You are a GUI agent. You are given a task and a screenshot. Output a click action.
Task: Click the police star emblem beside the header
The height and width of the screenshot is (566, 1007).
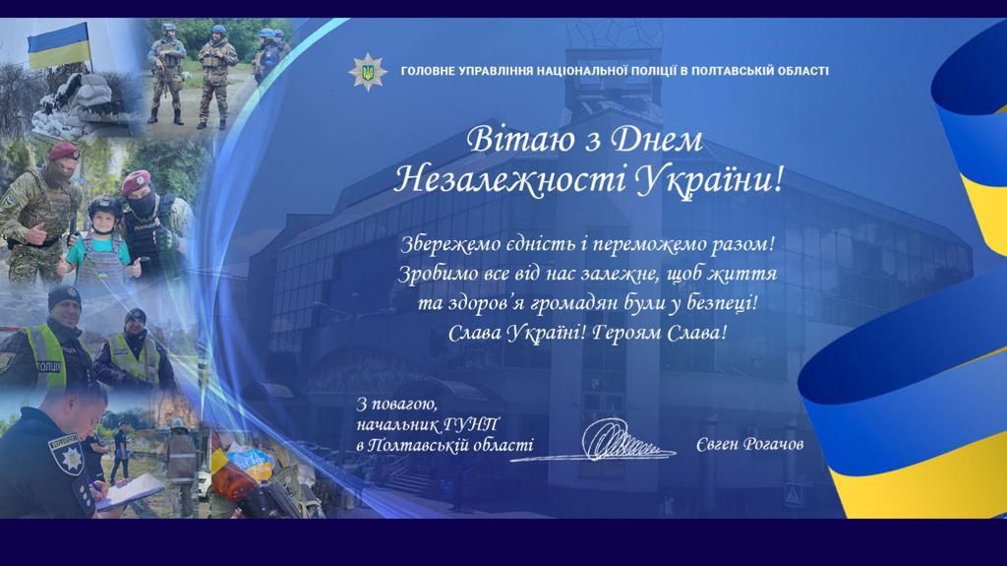click(368, 72)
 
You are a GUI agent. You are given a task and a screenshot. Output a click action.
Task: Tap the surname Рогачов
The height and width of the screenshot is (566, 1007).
click(773, 445)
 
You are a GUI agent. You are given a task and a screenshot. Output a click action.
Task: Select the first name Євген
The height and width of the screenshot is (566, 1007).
click(716, 445)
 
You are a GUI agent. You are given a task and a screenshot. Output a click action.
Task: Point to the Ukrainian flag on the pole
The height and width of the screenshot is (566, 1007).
click(58, 45)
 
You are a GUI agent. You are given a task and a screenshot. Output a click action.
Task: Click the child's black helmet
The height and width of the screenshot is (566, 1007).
click(104, 207)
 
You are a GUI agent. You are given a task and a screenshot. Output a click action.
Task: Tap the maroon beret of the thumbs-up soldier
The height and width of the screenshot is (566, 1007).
click(64, 152)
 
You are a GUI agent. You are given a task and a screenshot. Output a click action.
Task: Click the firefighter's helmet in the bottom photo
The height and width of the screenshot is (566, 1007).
click(178, 423)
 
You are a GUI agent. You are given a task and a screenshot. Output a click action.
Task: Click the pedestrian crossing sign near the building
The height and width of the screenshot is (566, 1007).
click(794, 495)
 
